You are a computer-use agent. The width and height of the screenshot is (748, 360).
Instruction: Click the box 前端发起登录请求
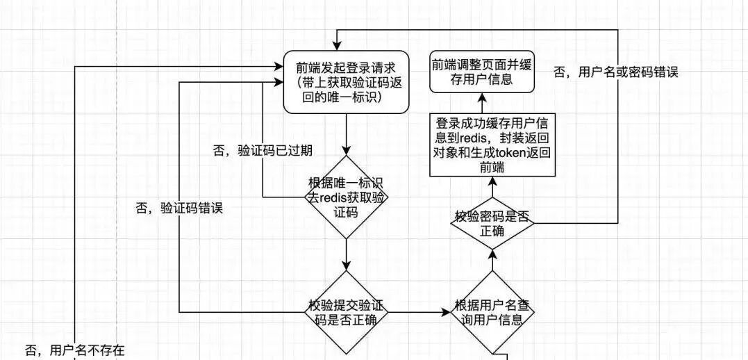point(345,82)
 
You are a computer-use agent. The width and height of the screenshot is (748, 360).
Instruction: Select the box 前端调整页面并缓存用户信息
point(483,72)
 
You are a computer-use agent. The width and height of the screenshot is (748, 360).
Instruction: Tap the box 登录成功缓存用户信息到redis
point(492,145)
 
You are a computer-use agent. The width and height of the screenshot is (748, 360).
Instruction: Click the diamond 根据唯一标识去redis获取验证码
point(346,198)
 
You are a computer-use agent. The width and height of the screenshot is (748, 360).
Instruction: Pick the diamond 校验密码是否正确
point(492,222)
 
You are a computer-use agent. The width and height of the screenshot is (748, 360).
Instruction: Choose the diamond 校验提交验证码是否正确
point(346,313)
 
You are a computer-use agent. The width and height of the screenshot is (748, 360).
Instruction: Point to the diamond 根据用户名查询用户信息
point(492,313)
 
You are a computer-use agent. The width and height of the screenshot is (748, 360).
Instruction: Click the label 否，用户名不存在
point(74,349)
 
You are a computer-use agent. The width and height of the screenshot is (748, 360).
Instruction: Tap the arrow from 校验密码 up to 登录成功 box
point(492,186)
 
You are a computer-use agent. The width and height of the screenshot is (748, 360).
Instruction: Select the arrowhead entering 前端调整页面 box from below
point(482,98)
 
